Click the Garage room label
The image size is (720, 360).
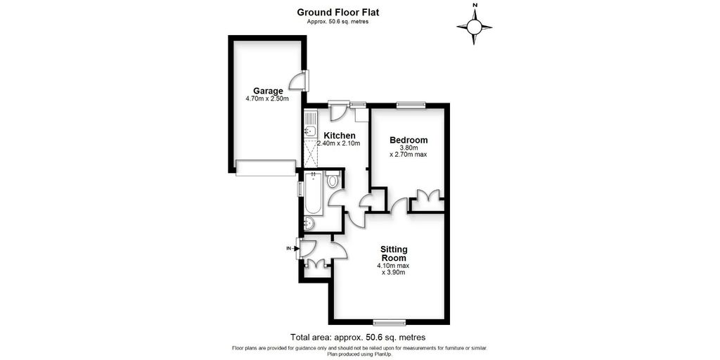(x=268, y=91)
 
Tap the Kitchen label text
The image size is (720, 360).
(x=339, y=135)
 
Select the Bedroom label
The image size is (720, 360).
(x=409, y=140)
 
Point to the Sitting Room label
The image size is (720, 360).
(x=394, y=253)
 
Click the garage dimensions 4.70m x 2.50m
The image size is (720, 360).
(x=267, y=99)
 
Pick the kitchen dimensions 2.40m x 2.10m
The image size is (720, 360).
(x=338, y=143)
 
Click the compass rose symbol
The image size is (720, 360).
(x=475, y=27)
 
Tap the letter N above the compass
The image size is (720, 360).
(x=475, y=6)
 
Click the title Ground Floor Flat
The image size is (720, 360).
(x=338, y=12)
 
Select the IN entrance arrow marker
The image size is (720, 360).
(x=290, y=248)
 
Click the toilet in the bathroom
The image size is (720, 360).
(x=333, y=181)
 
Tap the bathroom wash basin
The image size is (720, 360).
(x=309, y=224)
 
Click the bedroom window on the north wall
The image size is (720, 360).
(x=411, y=105)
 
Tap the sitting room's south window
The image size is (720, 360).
(x=389, y=323)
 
